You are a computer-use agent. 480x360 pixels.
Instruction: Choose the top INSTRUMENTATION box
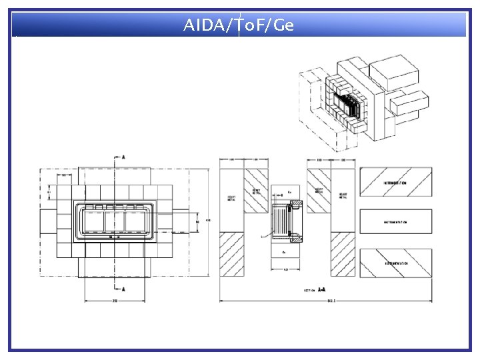(395, 182)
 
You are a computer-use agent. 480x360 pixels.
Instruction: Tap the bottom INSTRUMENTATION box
(395, 263)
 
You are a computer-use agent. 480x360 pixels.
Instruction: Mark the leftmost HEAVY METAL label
(231, 197)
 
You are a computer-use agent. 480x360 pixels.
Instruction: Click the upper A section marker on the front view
(123, 157)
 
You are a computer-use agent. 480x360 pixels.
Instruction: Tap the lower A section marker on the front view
(123, 289)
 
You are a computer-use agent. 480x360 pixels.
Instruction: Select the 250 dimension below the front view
(115, 301)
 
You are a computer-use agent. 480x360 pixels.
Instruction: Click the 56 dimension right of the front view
(197, 221)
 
